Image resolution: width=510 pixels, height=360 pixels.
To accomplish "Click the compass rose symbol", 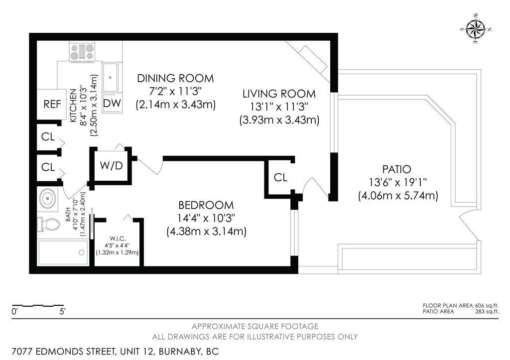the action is coord(476,29).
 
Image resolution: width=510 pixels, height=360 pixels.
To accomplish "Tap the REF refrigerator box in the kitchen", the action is coord(52,104).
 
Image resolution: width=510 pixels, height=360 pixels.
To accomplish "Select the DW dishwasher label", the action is coord(112,103).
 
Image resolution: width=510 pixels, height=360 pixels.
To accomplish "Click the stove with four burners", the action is coord(82,51).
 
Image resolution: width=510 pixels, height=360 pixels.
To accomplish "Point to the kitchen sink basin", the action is coord(110,77).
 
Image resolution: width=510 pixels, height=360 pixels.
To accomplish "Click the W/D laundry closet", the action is coord(111,166).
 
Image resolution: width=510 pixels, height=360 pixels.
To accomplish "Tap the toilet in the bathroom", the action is coord(49,224).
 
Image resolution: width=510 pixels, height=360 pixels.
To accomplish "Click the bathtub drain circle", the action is coord(82,252).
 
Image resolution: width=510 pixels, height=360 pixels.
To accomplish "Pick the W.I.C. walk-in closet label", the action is coord(118,239).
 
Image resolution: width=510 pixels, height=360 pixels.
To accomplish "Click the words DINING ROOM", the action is coord(175,78).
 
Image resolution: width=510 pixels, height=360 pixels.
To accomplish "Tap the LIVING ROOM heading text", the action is coord(279,94).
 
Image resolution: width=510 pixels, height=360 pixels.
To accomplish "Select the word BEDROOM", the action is coord(206,205).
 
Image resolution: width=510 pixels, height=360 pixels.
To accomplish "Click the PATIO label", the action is coord(396,169).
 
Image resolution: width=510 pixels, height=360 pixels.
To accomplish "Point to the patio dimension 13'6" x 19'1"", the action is coord(398,182).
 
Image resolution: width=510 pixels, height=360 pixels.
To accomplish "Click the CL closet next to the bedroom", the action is coord(280,177).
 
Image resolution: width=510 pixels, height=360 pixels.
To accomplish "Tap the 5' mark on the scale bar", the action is coord(62,312).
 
